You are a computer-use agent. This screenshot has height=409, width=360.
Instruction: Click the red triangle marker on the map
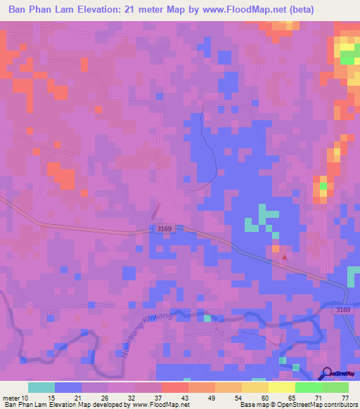click(285, 257)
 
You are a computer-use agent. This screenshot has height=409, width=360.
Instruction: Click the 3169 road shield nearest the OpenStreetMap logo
click(342, 310)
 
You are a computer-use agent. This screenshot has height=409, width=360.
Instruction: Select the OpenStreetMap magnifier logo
click(327, 374)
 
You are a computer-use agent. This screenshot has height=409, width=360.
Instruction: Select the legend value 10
click(26, 397)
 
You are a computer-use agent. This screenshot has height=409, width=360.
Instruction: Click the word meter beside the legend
click(11, 397)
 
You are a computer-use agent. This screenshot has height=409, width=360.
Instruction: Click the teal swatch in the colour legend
click(41, 387)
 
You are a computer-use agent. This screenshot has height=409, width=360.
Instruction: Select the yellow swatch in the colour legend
click(281, 387)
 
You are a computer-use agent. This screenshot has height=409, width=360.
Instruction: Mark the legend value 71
click(320, 397)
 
